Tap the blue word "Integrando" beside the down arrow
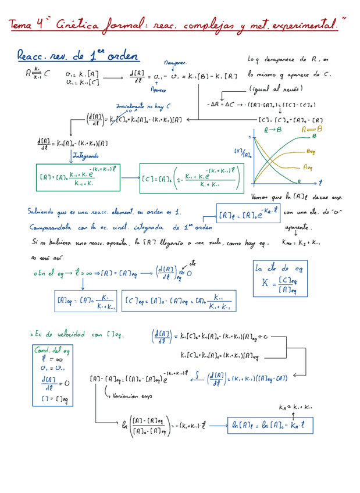(x=85, y=156)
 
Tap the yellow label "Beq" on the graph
(x=312, y=151)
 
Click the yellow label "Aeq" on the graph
(x=309, y=167)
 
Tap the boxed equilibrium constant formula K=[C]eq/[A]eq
(x=277, y=279)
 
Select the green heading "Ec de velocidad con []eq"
(x=82, y=334)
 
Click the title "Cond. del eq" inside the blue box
(x=52, y=351)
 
